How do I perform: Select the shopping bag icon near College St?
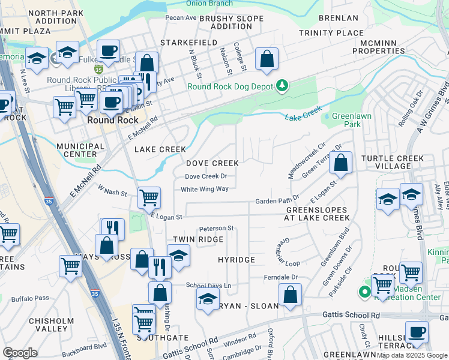267,59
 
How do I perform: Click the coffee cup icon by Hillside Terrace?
416,332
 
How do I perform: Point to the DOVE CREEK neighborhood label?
212,163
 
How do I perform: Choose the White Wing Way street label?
205,190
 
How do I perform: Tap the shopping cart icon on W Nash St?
149,197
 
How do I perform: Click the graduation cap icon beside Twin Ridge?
178,255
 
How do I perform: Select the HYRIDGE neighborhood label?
236,260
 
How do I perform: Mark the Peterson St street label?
216,229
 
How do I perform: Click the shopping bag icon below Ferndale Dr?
290,295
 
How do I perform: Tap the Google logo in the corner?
20,353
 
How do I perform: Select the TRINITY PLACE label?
331,34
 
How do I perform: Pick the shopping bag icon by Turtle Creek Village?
340,163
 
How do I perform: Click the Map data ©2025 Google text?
412,355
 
